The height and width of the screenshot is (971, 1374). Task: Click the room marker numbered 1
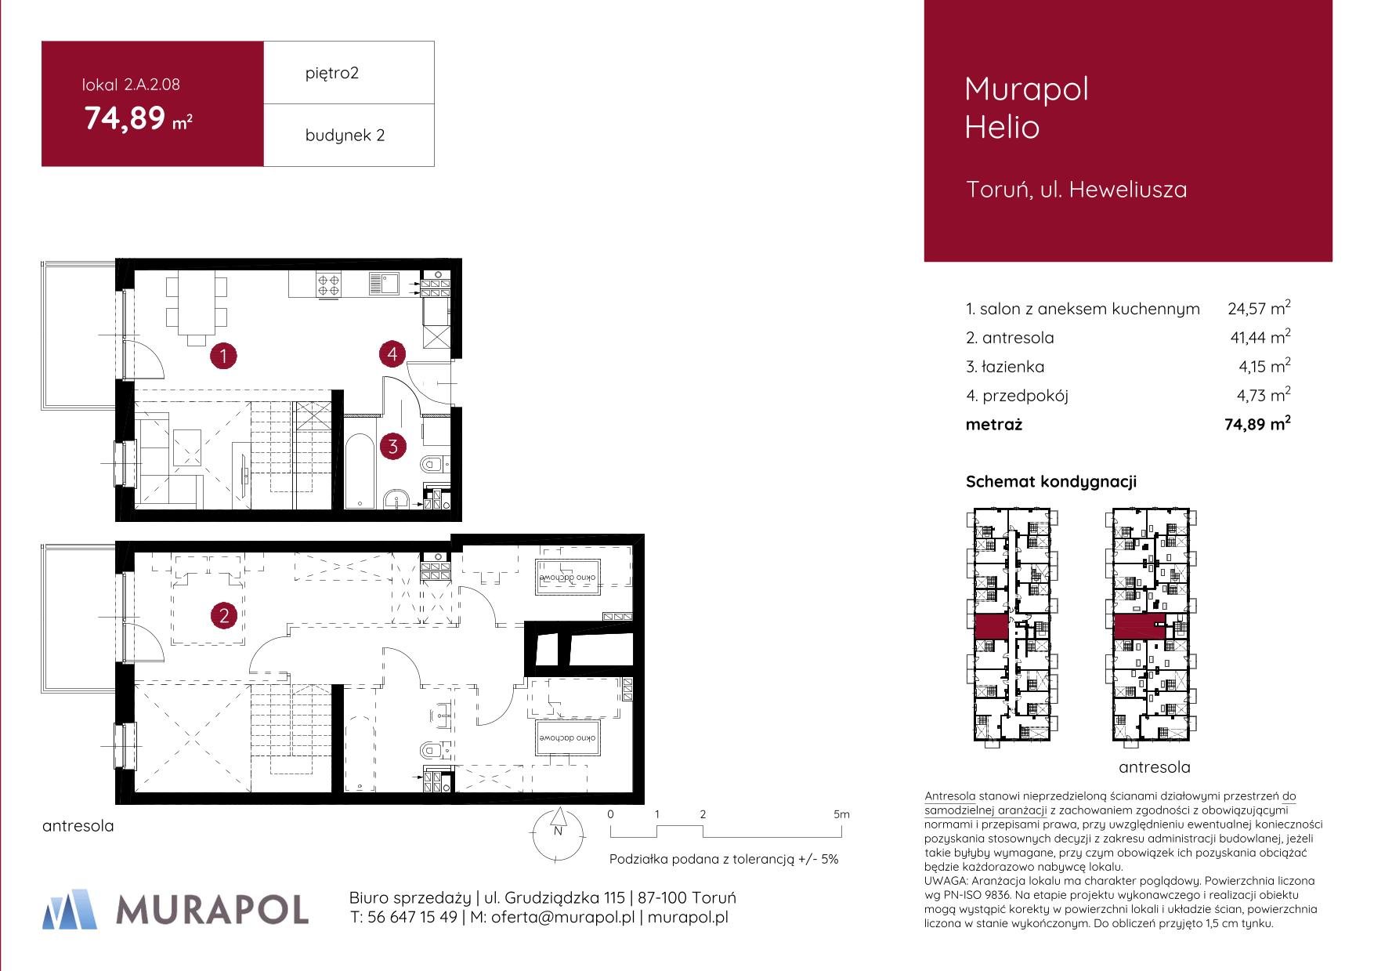(x=224, y=357)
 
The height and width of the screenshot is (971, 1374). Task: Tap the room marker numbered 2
(x=224, y=616)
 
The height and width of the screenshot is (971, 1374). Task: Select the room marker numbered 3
(x=392, y=447)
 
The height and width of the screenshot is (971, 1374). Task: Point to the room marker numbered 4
(x=392, y=354)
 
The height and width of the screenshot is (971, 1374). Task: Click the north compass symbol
(x=558, y=833)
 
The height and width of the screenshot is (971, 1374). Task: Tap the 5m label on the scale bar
(x=841, y=814)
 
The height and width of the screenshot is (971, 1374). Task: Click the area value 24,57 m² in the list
(x=1259, y=308)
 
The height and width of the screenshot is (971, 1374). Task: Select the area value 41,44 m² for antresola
(x=1259, y=337)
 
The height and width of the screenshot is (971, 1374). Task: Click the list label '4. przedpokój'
(x=1017, y=396)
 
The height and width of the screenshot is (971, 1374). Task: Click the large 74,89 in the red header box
(x=125, y=118)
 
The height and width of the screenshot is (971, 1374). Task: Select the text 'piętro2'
(x=332, y=74)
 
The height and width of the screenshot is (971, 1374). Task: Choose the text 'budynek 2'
(x=345, y=136)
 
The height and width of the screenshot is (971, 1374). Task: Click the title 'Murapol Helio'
(x=1026, y=107)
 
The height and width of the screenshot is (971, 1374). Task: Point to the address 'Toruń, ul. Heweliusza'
(x=1076, y=190)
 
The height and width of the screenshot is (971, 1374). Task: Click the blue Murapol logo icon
(x=71, y=908)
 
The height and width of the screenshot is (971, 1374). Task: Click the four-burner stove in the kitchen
(x=327, y=284)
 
